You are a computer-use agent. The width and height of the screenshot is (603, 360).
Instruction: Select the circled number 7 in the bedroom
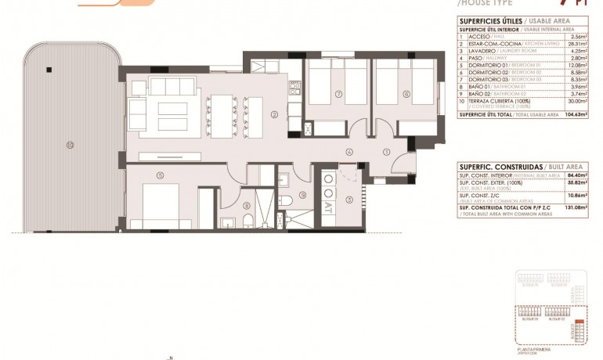coord(338,95)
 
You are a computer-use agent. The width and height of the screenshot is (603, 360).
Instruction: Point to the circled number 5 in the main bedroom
coord(160,175)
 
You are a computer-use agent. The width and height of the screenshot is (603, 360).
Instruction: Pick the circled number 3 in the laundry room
coord(349,200)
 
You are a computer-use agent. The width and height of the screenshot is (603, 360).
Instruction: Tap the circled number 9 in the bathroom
coord(303,196)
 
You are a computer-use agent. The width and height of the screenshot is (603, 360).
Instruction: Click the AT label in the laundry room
coord(327,210)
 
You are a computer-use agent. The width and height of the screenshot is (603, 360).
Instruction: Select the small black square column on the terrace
coord(49,70)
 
